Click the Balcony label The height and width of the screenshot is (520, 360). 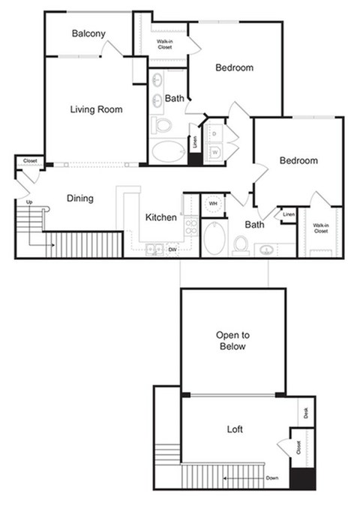88,34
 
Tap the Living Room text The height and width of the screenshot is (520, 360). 96,109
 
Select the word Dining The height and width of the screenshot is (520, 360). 80,199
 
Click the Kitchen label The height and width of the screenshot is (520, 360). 161,218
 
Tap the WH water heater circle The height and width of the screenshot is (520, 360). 213,204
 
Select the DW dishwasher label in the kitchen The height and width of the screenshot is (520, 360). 172,249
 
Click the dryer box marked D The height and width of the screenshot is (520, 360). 214,134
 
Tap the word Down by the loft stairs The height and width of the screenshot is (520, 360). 271,478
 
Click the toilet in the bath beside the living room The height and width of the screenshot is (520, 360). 161,124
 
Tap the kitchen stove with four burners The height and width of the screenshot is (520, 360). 190,226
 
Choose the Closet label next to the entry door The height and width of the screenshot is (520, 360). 30,161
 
